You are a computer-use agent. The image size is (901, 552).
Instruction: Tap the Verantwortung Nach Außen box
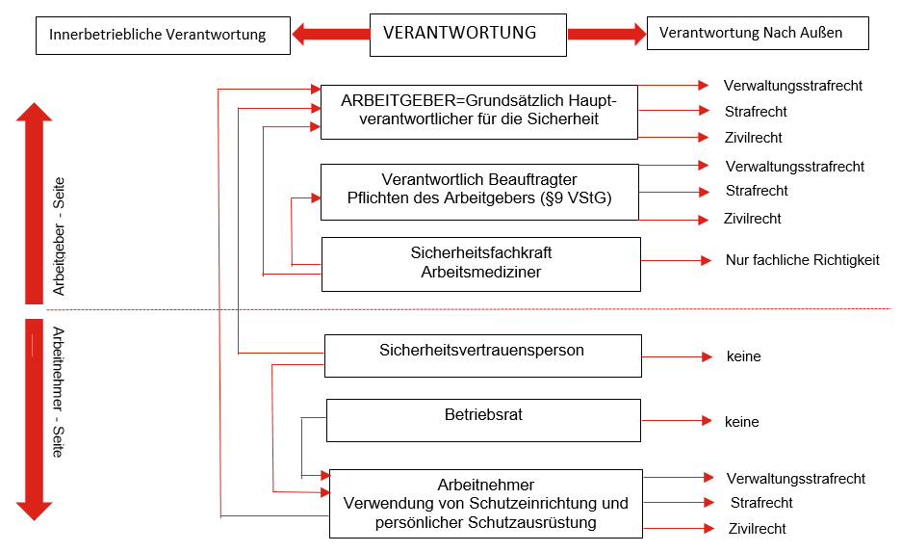click(758, 33)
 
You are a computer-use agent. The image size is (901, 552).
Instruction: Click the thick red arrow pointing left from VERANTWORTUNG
click(330, 35)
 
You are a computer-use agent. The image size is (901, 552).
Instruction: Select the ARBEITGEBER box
click(478, 111)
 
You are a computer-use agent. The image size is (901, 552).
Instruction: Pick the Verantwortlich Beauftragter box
click(478, 191)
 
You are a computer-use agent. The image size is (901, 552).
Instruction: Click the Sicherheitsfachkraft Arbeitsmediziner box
click(480, 263)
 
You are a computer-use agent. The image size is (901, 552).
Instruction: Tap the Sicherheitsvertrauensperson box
click(482, 355)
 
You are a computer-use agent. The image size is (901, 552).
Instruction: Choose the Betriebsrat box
click(483, 420)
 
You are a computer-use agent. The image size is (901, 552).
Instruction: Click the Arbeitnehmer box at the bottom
click(485, 503)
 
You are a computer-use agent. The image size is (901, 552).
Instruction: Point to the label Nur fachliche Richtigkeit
click(802, 260)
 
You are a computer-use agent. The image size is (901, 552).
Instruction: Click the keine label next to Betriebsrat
click(742, 422)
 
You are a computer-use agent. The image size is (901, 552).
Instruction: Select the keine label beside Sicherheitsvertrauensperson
click(743, 356)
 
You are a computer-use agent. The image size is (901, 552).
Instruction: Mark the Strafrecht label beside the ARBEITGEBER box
click(756, 112)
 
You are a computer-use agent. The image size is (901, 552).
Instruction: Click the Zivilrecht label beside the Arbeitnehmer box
click(757, 529)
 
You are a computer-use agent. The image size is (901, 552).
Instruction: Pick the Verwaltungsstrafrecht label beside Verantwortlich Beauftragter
click(795, 167)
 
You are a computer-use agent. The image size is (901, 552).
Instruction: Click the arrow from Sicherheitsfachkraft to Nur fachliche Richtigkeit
click(676, 260)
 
